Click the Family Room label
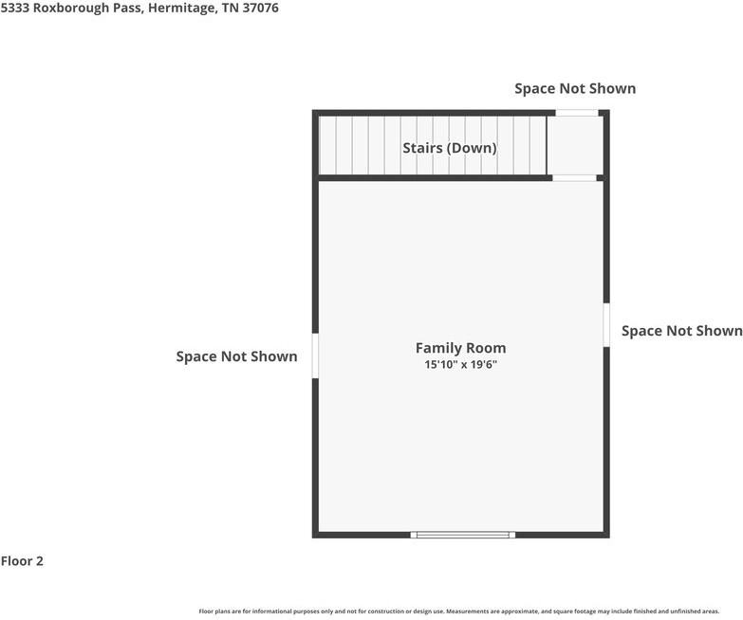tap(460, 348)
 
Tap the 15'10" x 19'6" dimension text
tap(460, 364)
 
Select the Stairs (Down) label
tap(449, 148)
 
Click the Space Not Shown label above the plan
tap(575, 88)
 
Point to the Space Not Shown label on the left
tap(236, 356)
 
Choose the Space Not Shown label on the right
tap(681, 331)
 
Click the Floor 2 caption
tap(22, 560)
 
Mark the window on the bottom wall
tap(463, 535)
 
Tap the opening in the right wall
tap(605, 324)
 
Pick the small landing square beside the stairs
tap(576, 145)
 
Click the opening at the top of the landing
tap(576, 113)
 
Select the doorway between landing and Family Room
tap(574, 177)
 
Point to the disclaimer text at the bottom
tap(458, 611)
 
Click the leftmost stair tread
tap(327, 145)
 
